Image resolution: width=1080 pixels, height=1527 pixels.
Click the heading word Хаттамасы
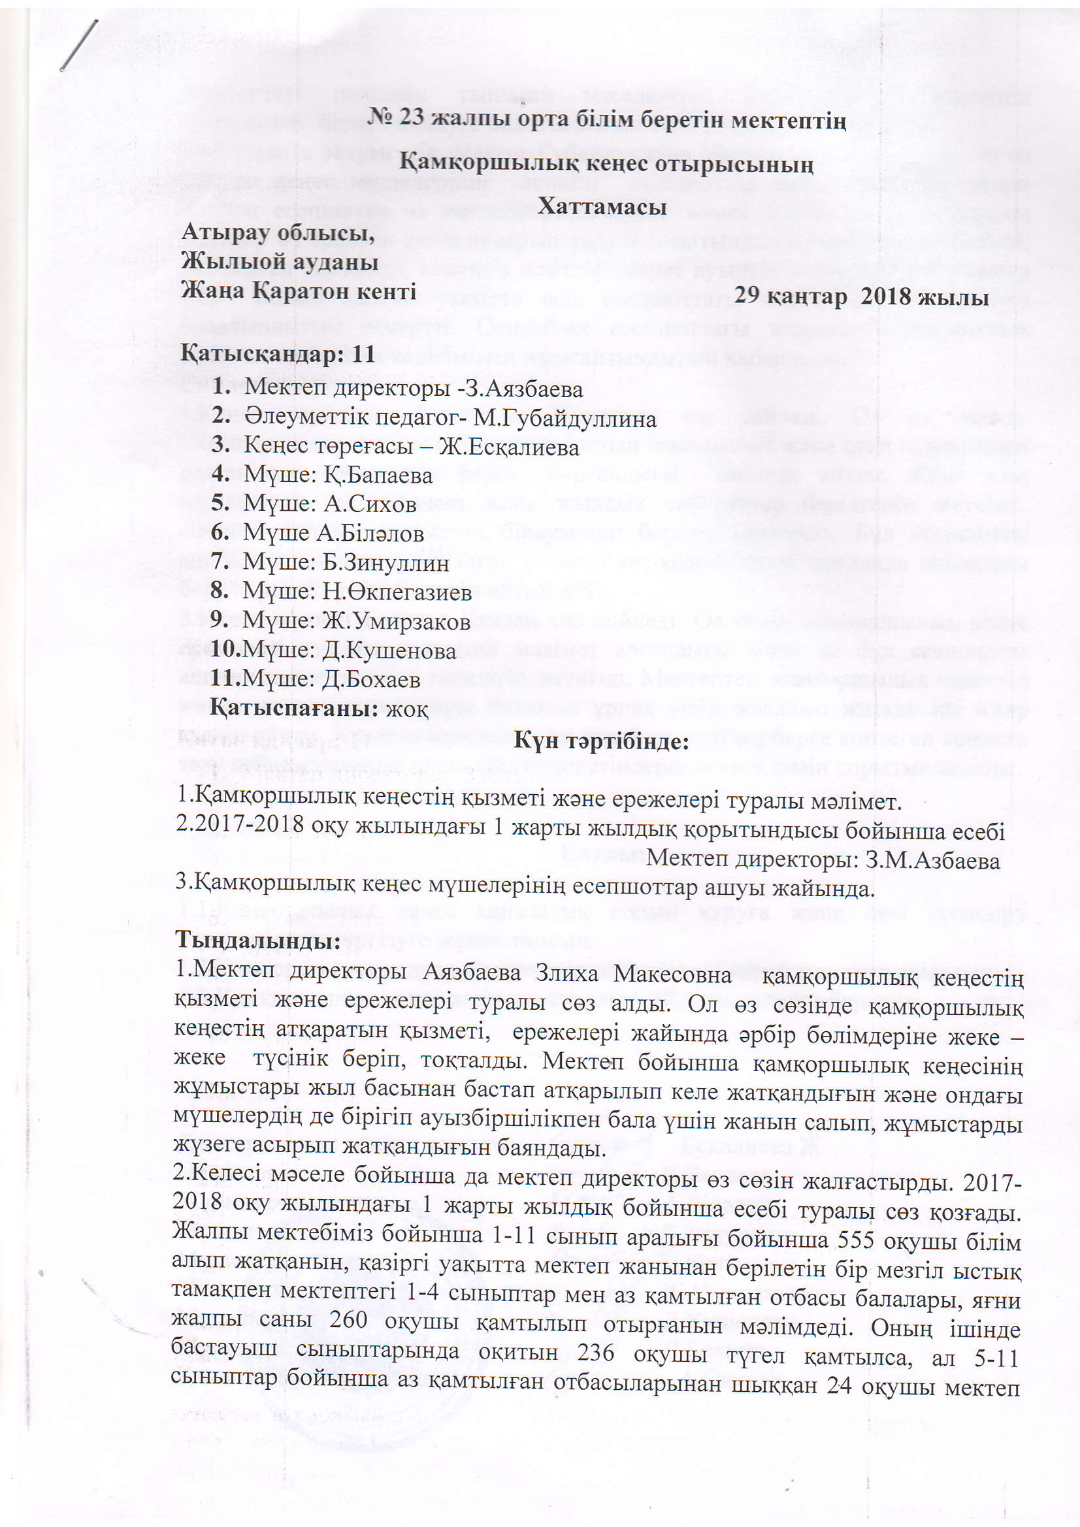coord(602,208)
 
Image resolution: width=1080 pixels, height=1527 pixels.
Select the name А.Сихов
coord(370,504)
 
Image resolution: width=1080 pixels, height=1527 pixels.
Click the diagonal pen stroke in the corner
coord(80,44)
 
